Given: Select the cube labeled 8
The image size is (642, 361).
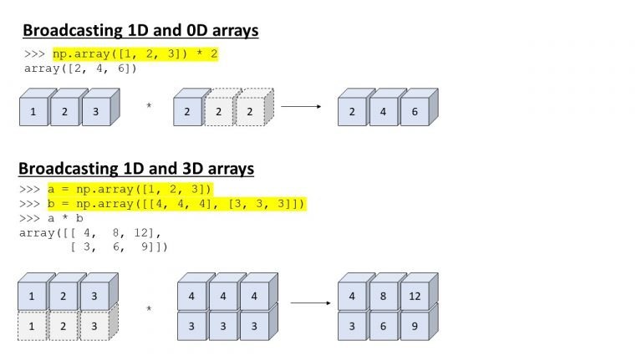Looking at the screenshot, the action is [x=384, y=292].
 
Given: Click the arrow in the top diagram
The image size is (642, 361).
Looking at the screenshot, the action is [x=301, y=106].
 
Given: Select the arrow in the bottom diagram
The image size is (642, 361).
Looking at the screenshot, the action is [x=310, y=303].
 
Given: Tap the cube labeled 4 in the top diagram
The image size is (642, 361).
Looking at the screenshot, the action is [x=384, y=107].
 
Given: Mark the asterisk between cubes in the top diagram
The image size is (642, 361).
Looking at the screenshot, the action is [x=149, y=105].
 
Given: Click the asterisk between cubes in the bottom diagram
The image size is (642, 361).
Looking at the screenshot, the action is [x=149, y=308].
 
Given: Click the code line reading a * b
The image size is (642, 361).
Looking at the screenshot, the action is [x=51, y=218].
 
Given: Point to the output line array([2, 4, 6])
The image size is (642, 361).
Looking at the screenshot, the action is [x=80, y=69].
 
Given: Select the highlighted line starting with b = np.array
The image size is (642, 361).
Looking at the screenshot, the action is [x=177, y=204].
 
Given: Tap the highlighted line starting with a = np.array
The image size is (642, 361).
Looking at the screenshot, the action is [x=130, y=190].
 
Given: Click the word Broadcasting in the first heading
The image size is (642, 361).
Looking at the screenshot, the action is [x=73, y=31].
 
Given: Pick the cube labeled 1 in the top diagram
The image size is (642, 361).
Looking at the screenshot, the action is [x=34, y=107].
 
